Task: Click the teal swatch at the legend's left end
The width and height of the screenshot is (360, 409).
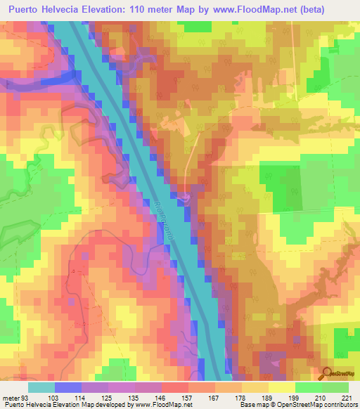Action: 41,387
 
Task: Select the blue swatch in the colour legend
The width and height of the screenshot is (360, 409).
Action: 68,387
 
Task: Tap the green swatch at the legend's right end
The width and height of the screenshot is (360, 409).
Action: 335,387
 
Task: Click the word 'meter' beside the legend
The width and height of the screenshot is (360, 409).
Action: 11,398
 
